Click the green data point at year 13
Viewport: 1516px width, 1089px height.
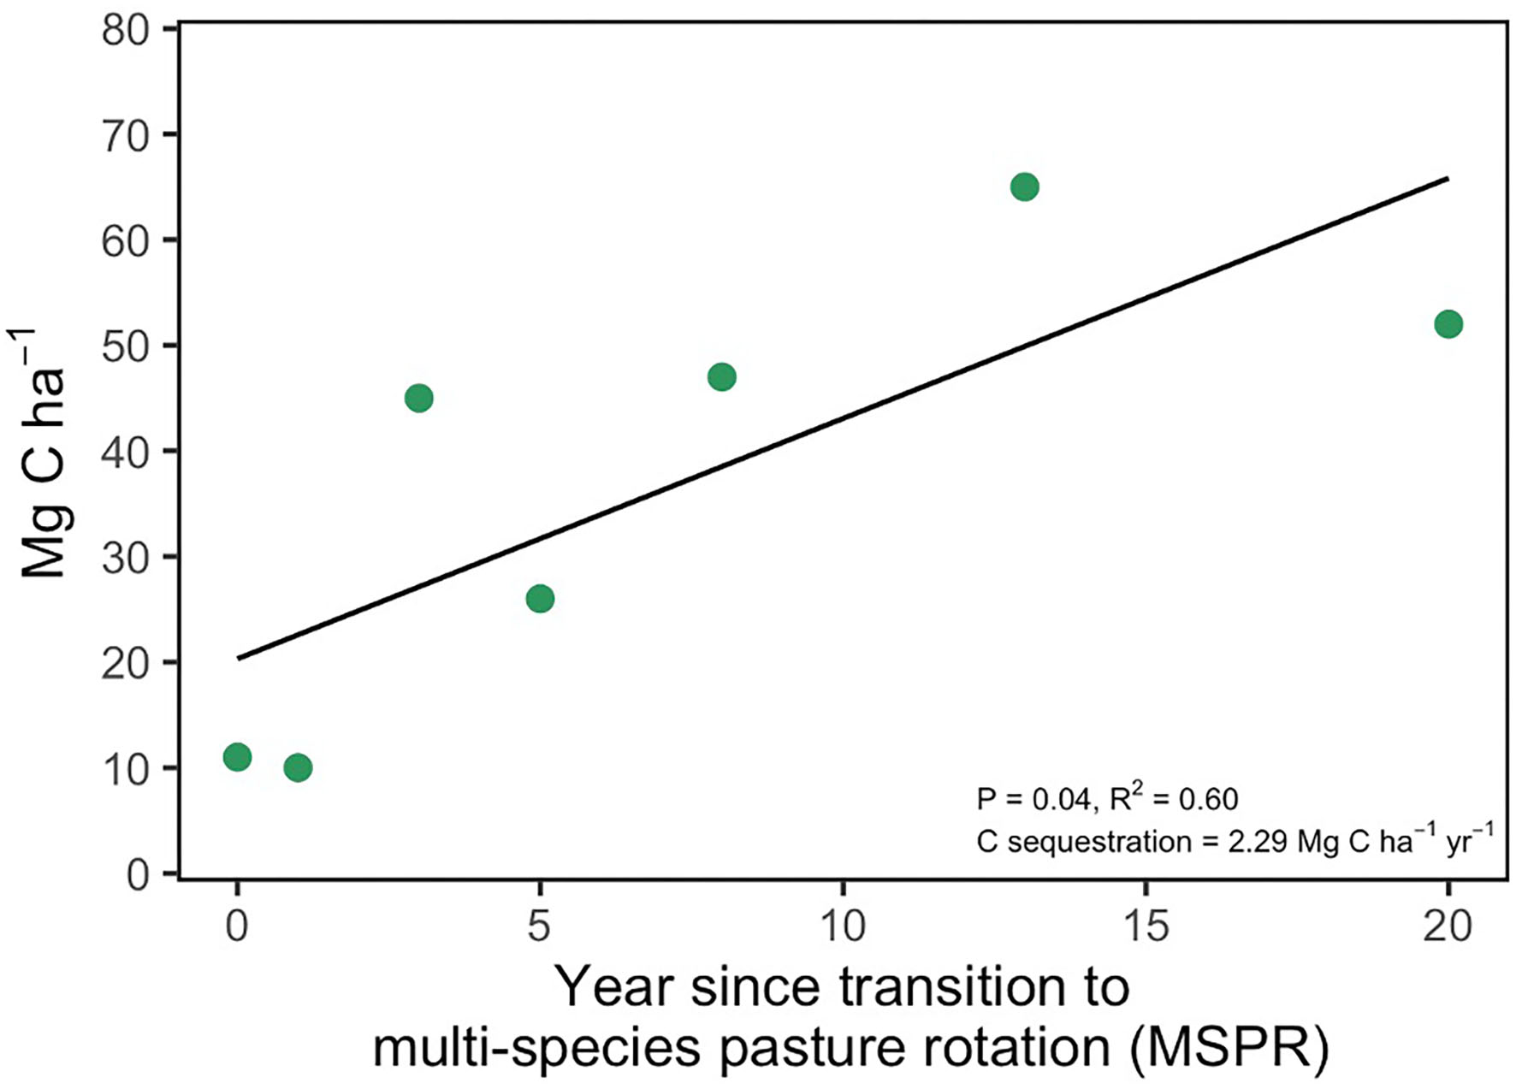click(1024, 186)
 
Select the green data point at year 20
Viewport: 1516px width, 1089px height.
click(1448, 324)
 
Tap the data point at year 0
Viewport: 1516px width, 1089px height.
click(237, 757)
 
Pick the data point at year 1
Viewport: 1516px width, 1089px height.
click(298, 767)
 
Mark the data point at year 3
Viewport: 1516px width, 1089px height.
click(418, 398)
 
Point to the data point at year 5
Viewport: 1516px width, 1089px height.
click(540, 598)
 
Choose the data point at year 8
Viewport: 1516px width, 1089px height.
click(722, 376)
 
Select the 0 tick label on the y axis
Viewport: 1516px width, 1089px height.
click(138, 875)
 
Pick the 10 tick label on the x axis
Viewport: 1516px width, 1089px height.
click(843, 926)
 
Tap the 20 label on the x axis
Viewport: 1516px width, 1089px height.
click(1448, 926)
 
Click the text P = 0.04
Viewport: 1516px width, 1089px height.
click(1033, 800)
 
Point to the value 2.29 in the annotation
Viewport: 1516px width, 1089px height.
click(1258, 842)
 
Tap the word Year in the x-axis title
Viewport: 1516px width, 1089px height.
click(615, 987)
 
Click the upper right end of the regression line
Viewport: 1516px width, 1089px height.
click(1446, 179)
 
